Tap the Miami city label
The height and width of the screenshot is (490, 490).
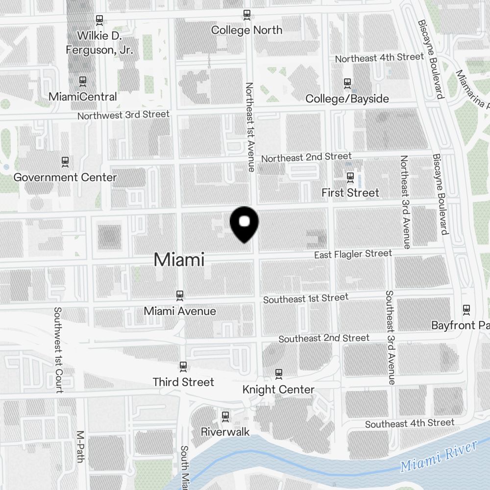tap(179, 260)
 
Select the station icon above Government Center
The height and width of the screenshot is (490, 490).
tap(65, 161)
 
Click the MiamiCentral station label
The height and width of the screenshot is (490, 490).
tap(83, 97)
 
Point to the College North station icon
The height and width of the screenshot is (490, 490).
tap(246, 15)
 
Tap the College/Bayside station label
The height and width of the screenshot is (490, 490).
tap(347, 98)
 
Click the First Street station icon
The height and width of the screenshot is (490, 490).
tap(350, 176)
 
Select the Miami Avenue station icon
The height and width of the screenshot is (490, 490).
tap(180, 295)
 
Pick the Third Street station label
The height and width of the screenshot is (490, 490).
tap(183, 382)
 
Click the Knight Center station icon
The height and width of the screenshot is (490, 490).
tap(279, 373)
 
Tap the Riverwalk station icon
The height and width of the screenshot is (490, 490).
tap(225, 416)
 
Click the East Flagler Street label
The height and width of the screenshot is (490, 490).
tap(353, 254)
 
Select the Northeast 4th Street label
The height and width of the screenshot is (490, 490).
tap(379, 58)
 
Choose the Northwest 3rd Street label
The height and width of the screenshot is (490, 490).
tap(123, 115)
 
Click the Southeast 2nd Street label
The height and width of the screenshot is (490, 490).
tap(324, 338)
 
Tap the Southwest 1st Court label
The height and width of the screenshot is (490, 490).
tap(59, 350)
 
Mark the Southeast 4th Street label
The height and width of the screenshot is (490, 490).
tap(410, 423)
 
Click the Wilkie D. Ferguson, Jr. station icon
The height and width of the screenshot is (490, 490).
tap(100, 20)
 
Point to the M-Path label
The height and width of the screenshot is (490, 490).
tap(81, 446)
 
